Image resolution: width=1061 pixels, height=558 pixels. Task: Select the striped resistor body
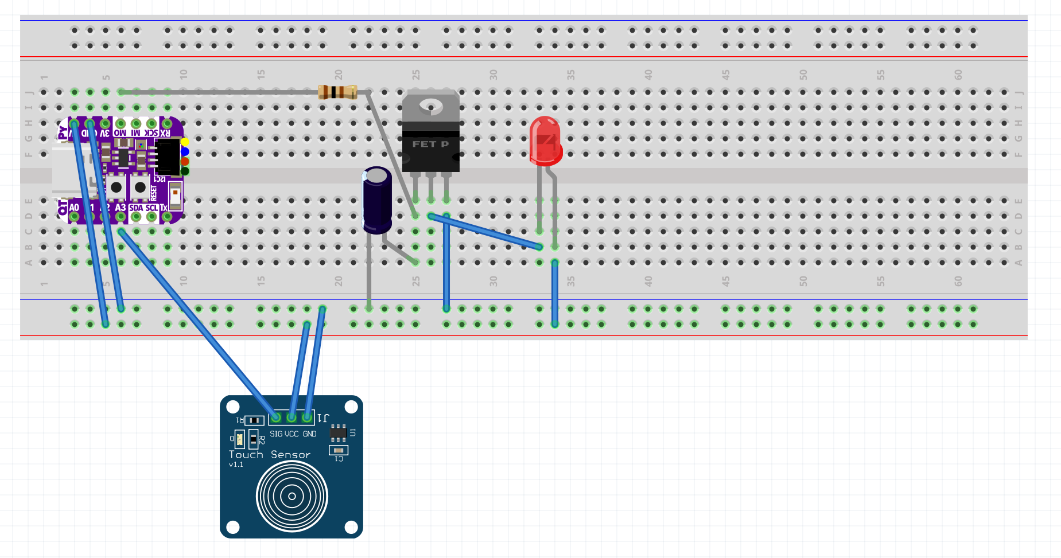pyautogui.click(x=337, y=92)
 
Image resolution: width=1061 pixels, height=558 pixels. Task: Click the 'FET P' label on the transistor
pyautogui.click(x=430, y=144)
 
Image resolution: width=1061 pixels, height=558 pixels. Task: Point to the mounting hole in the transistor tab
pyautogui.click(x=431, y=106)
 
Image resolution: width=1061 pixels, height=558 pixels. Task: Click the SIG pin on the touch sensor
pyautogui.click(x=276, y=417)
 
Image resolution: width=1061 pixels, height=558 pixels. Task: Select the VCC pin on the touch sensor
pyautogui.click(x=292, y=417)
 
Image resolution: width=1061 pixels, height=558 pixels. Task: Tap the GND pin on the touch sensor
pyautogui.click(x=308, y=417)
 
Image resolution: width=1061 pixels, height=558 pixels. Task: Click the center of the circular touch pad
pyautogui.click(x=292, y=496)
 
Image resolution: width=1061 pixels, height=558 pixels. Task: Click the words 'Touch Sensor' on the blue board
pyautogui.click(x=269, y=455)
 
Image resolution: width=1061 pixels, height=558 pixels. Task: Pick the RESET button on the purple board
pyautogui.click(x=140, y=187)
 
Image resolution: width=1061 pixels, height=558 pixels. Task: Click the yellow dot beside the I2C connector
pyautogui.click(x=185, y=142)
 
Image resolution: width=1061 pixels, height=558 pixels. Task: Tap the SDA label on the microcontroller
pyautogui.click(x=136, y=208)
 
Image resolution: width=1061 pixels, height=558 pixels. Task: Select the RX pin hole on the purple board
pyautogui.click(x=167, y=123)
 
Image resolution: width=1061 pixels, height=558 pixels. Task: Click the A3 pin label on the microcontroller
pyautogui.click(x=120, y=208)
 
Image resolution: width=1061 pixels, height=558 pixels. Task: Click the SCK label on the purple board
pyautogui.click(x=151, y=132)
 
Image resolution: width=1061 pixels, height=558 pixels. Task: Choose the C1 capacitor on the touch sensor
pyautogui.click(x=339, y=451)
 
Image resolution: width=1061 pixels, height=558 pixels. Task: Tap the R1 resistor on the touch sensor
pyautogui.click(x=254, y=420)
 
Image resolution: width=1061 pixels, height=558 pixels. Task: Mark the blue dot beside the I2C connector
pyautogui.click(x=185, y=151)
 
